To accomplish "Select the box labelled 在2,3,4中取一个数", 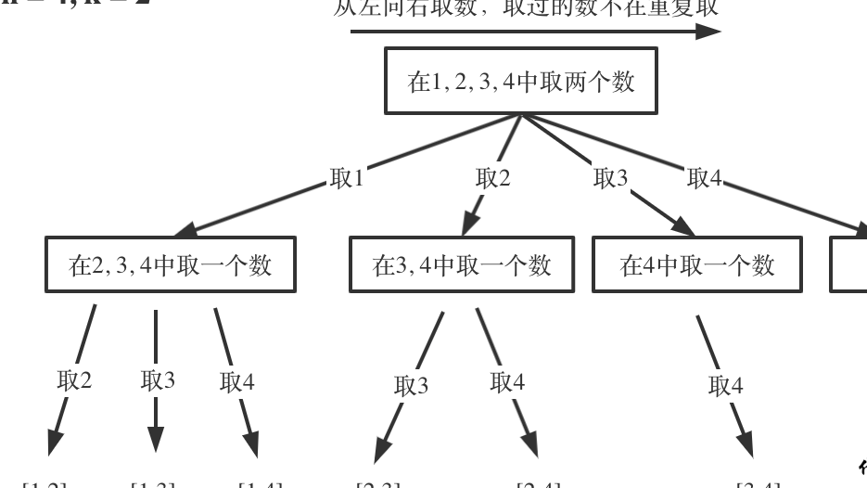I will pos(170,265).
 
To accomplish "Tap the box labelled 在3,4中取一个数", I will pos(462,265).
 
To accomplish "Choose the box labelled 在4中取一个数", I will pos(696,265).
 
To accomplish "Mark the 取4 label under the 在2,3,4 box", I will pos(236,381).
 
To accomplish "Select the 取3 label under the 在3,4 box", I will pos(412,385).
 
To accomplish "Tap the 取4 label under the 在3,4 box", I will pos(507,381).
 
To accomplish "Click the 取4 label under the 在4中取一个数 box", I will pos(725,385).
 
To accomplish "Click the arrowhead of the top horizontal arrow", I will pos(708,32).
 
